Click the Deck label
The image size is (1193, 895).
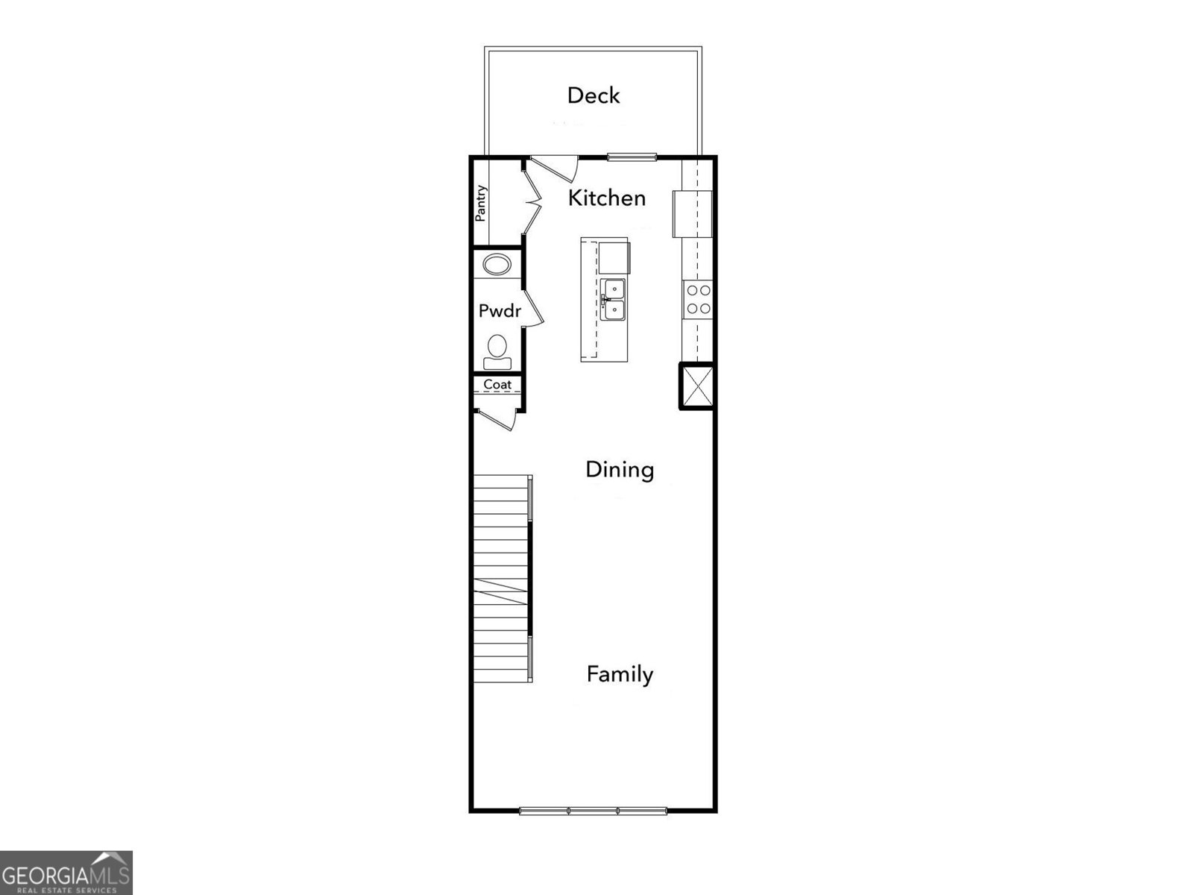594,95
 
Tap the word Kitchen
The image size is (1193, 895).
606,198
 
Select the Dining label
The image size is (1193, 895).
620,470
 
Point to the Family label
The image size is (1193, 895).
620,674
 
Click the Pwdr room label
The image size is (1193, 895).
499,311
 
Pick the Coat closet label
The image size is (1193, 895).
497,385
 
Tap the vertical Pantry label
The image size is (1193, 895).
481,203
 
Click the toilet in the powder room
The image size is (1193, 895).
497,352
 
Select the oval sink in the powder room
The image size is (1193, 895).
497,265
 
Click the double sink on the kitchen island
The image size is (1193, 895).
614,299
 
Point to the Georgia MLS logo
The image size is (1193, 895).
66,871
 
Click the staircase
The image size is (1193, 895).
502,579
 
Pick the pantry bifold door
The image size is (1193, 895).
532,200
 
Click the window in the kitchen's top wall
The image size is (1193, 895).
632,157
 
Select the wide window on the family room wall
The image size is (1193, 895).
593,810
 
